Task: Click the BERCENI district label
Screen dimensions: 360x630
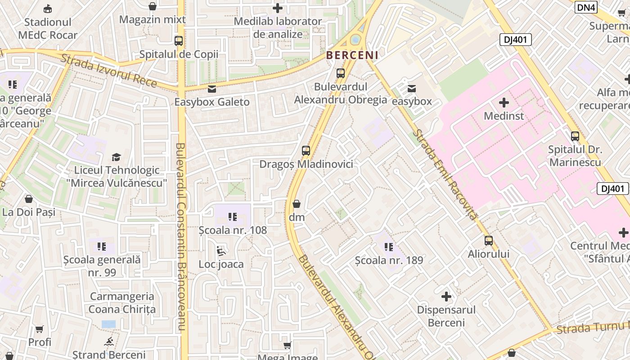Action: [352, 55]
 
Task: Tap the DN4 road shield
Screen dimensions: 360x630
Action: [586, 7]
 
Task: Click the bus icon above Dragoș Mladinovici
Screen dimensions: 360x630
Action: [306, 151]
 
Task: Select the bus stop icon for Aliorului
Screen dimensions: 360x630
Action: [489, 241]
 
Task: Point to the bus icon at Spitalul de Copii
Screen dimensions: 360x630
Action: [179, 41]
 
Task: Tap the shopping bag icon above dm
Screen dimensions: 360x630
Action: [297, 204]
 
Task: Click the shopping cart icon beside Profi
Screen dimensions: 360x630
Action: [40, 329]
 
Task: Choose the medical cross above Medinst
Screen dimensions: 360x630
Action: [504, 103]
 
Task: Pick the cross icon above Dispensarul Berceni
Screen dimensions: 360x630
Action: [446, 297]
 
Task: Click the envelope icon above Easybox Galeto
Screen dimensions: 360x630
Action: [212, 89]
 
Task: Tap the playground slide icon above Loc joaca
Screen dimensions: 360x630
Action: [221, 251]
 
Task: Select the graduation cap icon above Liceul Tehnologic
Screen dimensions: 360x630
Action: [117, 157]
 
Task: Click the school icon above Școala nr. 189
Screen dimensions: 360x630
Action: [389, 247]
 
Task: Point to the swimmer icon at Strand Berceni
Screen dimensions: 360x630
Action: [108, 342]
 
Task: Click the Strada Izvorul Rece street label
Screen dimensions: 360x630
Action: [109, 71]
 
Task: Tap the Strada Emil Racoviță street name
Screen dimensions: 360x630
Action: [445, 174]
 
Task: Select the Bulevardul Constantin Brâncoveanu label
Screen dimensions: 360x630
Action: [181, 237]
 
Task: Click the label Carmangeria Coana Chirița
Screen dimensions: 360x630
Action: [122, 303]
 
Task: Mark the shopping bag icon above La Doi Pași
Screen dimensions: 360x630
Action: [29, 199]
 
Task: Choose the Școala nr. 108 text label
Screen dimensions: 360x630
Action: [233, 230]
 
